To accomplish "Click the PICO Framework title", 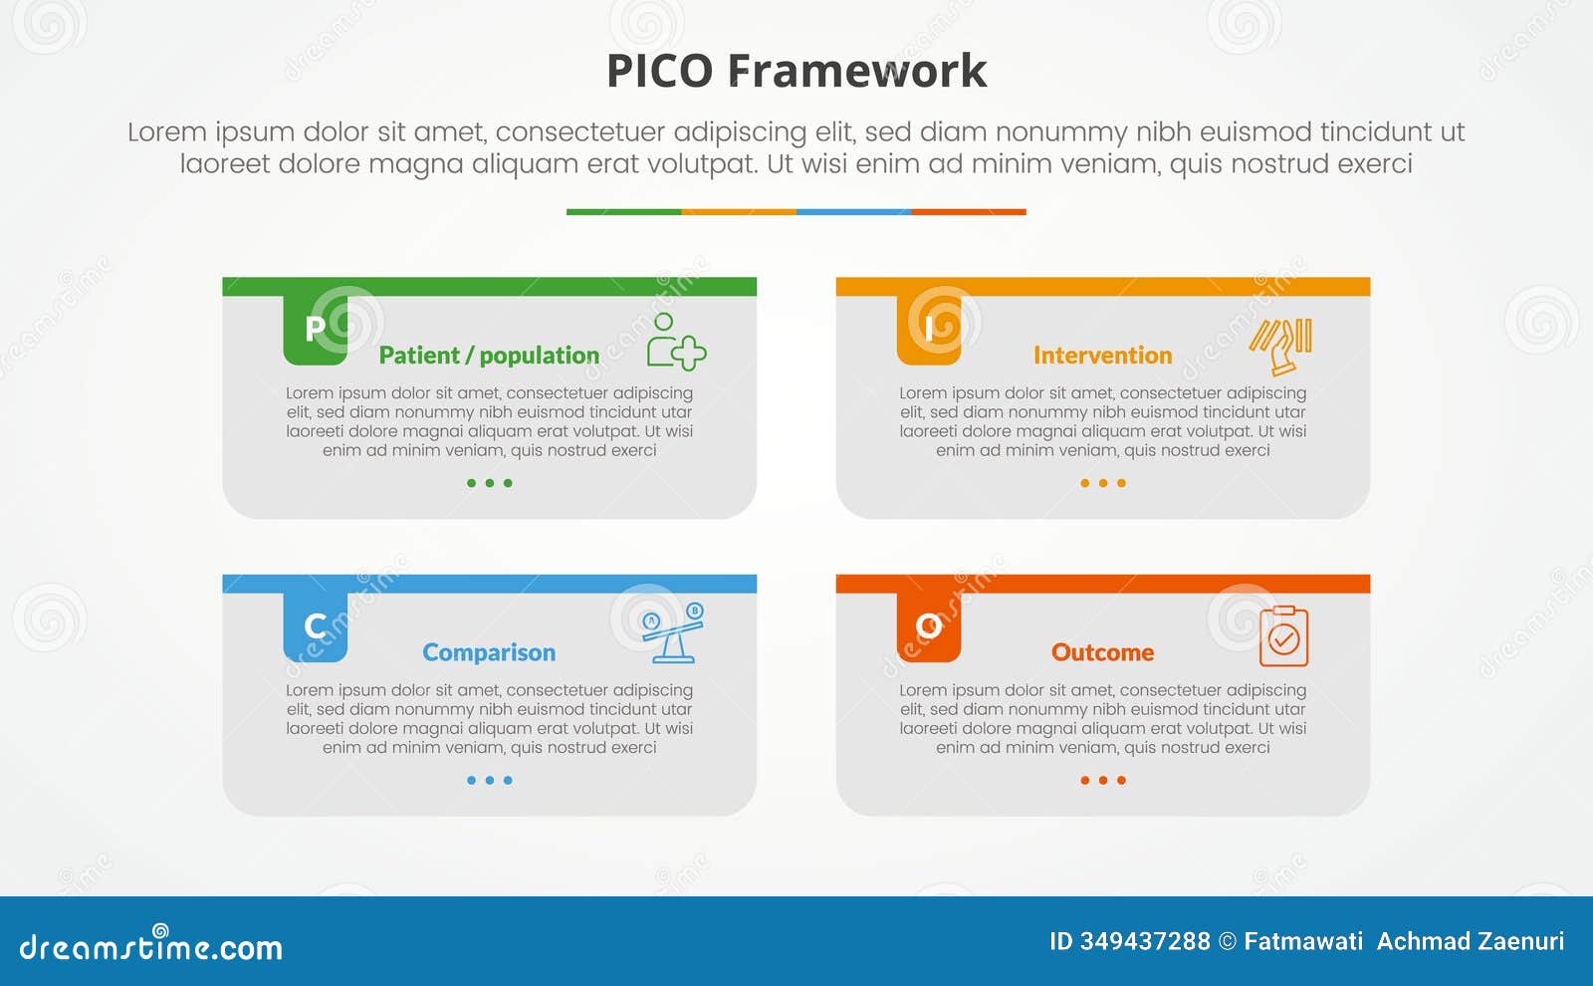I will point(796,72).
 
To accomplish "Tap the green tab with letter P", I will point(315,329).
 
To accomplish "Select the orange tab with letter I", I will point(928,329).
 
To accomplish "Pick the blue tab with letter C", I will point(315,626).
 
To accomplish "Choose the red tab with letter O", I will point(928,626).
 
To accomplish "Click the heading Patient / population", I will point(489,356).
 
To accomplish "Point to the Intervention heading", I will point(1102,356).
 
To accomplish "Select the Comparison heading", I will point(489,652).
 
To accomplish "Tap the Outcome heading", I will point(1102,652).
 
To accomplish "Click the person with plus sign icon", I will point(675,342).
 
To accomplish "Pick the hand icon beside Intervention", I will point(1281,346).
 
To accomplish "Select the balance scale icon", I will point(674,633).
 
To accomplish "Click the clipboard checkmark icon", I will point(1283,636).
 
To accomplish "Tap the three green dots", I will point(489,483).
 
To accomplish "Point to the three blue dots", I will point(489,780).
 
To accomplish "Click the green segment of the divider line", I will point(623,212).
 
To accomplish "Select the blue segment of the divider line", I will point(853,212).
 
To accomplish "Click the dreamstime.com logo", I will point(151,946).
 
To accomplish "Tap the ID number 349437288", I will point(1145,941).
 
